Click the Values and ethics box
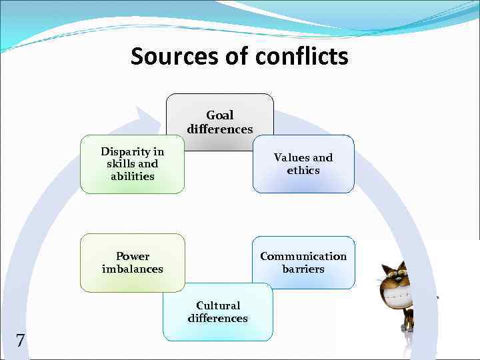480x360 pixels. [303, 164]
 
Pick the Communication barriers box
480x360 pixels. [303, 263]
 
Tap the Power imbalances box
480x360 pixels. [132, 263]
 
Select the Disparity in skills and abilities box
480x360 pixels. [132, 164]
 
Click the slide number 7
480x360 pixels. [20, 341]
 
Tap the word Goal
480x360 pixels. [220, 115]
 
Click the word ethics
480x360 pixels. [303, 171]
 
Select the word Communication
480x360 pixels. [303, 256]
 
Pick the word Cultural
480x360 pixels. [218, 305]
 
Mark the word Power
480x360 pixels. [133, 256]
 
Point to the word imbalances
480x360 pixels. [132, 269]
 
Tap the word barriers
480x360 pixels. [303, 269]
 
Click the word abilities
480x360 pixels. [132, 177]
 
